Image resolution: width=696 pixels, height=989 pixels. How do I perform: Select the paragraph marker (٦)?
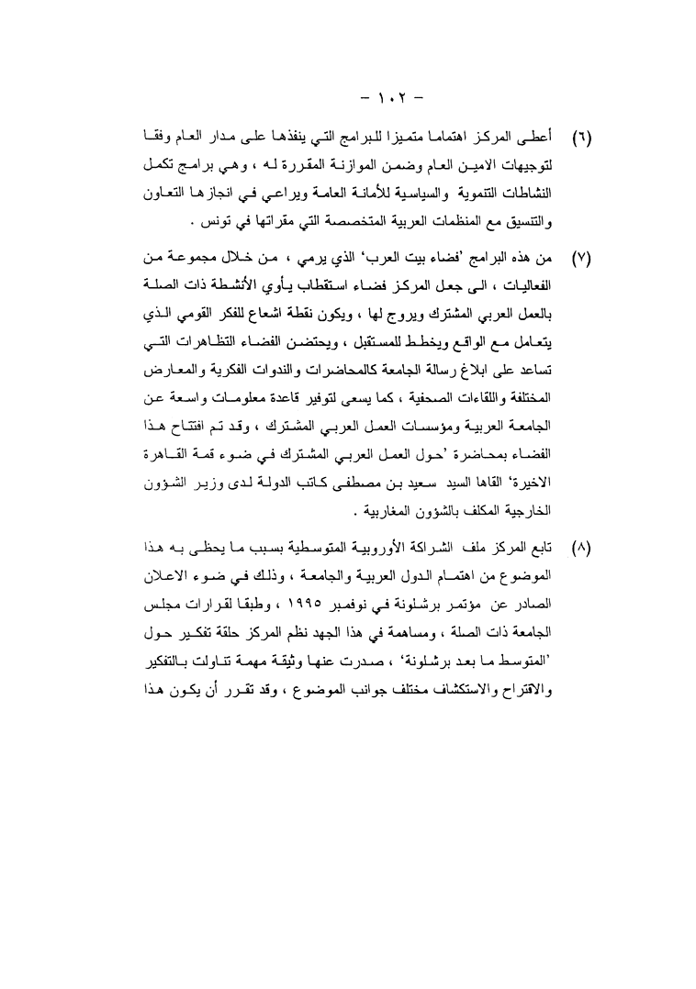[x=581, y=140]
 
